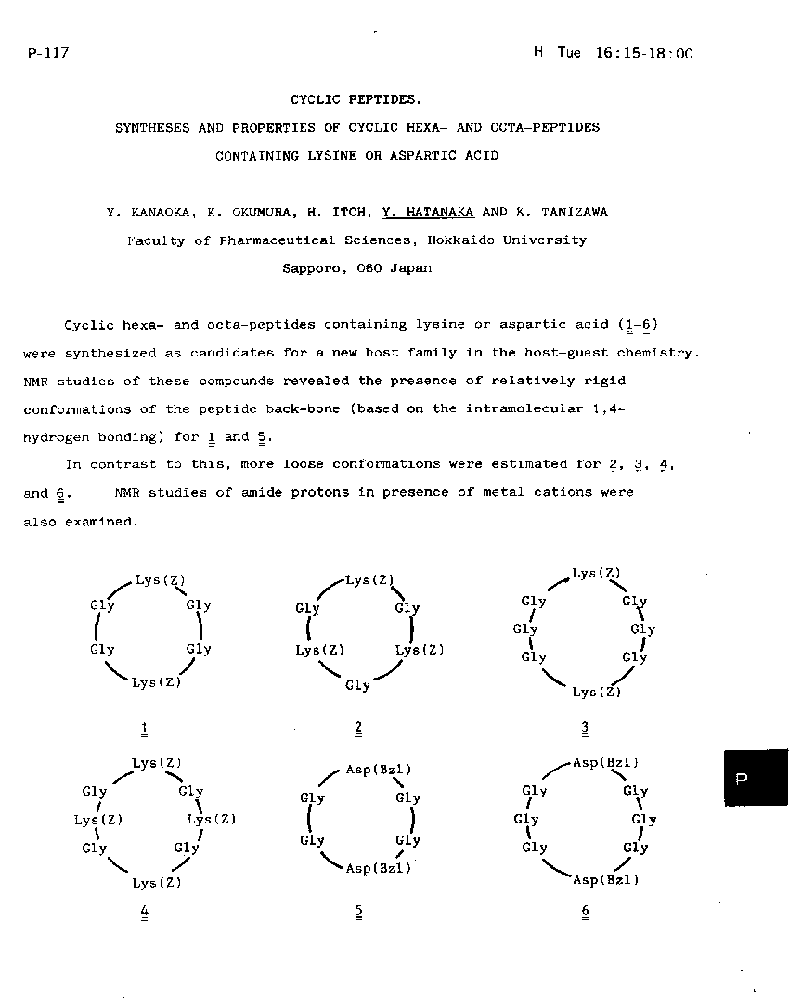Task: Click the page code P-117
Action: tap(48, 53)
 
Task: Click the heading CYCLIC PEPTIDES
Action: tap(356, 99)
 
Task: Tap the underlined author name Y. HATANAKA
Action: tap(428, 212)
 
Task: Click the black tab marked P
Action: tap(756, 778)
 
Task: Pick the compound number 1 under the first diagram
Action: tap(144, 729)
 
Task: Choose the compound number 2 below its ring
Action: tap(358, 729)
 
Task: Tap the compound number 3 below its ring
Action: tap(586, 729)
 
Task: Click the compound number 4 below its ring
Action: tap(144, 912)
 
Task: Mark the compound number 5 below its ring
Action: tap(358, 912)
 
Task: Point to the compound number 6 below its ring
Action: tap(586, 912)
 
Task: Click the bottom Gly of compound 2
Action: tap(357, 686)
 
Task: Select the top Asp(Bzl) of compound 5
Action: tap(378, 770)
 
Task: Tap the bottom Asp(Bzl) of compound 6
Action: tap(606, 879)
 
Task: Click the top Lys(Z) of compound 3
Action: tap(596, 574)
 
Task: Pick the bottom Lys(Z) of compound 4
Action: tap(157, 883)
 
